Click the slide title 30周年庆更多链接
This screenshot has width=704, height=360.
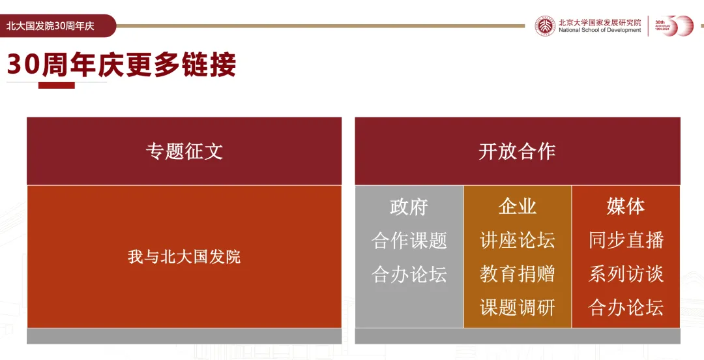click(x=122, y=65)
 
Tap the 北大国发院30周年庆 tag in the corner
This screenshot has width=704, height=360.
click(x=50, y=26)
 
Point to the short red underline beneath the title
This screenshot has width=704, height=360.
click(x=57, y=85)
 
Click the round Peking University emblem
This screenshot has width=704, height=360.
click(x=545, y=26)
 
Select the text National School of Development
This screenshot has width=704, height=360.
click(x=600, y=30)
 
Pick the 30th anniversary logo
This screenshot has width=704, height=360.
click(x=674, y=25)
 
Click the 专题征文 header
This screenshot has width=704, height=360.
click(x=184, y=151)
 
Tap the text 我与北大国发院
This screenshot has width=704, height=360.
click(x=184, y=256)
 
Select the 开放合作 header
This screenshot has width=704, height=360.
click(x=517, y=151)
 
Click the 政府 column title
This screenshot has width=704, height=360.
click(x=409, y=207)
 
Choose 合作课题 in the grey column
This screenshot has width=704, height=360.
click(x=409, y=241)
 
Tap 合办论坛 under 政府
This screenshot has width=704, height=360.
click(x=409, y=274)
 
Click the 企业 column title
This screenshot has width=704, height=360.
click(x=517, y=206)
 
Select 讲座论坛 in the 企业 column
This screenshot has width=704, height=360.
click(x=517, y=240)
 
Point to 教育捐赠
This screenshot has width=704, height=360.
click(x=517, y=274)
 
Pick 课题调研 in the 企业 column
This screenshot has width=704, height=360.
click(x=517, y=307)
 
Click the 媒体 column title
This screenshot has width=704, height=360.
click(x=626, y=206)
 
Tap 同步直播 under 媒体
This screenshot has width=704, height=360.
click(x=626, y=240)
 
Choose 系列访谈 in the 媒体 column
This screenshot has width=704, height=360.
click(x=626, y=274)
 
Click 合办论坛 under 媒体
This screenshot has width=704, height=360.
click(x=626, y=307)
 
